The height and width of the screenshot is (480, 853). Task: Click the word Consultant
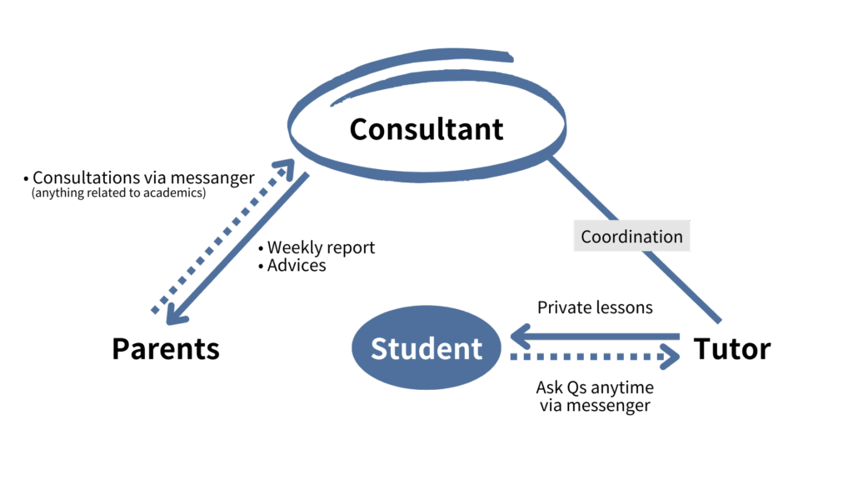(x=426, y=129)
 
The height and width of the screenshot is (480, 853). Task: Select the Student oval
(x=426, y=348)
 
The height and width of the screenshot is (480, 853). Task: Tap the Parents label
(x=166, y=348)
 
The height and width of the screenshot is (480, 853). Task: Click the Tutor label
(x=732, y=348)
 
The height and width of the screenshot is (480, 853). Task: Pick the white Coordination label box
(x=632, y=237)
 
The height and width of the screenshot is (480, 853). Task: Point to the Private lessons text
(x=595, y=307)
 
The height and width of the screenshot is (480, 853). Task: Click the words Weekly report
(x=321, y=247)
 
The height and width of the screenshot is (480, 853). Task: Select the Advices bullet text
(x=297, y=266)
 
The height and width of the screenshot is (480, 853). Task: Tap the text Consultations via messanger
(x=142, y=178)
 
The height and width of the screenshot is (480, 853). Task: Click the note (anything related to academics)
(x=118, y=193)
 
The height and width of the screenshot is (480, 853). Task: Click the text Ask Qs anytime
(x=595, y=388)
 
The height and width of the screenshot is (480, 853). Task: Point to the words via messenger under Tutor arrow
(x=595, y=406)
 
